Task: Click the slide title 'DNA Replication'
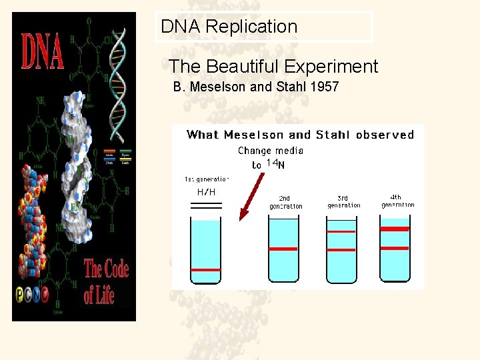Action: click(x=229, y=27)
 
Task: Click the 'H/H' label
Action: click(x=206, y=192)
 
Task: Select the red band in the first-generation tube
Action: click(x=205, y=270)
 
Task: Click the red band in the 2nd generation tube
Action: click(x=283, y=249)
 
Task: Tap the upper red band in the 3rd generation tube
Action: click(x=341, y=231)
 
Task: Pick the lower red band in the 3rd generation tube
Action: click(x=341, y=249)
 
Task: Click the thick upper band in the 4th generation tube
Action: click(x=394, y=229)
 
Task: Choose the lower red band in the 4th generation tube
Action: click(x=394, y=248)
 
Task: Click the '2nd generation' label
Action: click(x=285, y=203)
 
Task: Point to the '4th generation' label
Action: click(x=397, y=201)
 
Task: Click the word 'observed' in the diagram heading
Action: click(x=385, y=135)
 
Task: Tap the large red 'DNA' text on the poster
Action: click(x=43, y=52)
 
